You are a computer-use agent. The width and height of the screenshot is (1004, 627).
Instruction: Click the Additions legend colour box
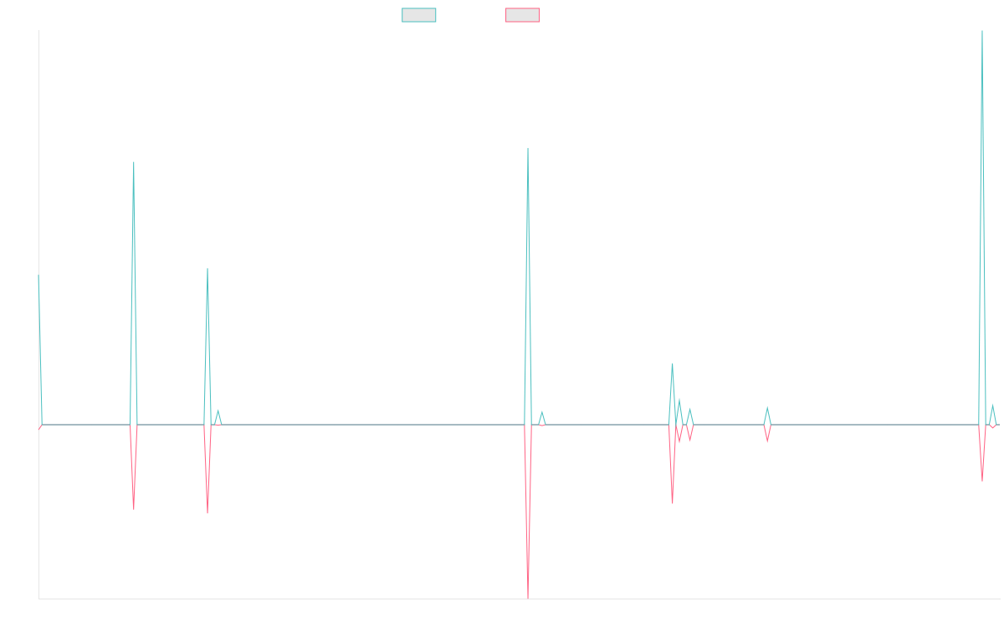click(419, 15)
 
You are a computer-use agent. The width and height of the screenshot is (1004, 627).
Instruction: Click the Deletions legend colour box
click(522, 15)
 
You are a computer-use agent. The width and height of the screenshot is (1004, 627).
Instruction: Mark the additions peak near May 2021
click(134, 162)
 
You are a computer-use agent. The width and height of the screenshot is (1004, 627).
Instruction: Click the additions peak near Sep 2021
click(207, 268)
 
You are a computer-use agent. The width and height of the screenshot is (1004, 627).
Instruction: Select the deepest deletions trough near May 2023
click(528, 598)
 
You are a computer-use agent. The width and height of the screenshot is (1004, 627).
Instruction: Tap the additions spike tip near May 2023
click(528, 149)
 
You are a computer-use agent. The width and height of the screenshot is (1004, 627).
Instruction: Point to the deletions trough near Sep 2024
click(767, 441)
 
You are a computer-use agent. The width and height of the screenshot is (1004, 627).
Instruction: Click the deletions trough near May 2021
click(134, 508)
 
